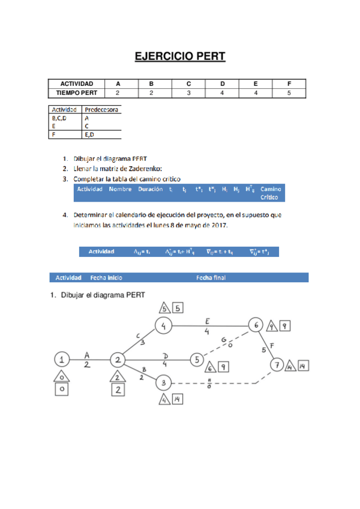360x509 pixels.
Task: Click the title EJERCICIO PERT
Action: click(x=179, y=57)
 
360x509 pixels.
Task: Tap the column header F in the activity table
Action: click(x=289, y=83)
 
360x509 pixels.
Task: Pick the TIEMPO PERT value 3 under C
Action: click(x=188, y=93)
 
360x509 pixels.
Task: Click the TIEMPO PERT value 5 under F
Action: click(x=289, y=93)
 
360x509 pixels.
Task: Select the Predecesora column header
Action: click(x=101, y=110)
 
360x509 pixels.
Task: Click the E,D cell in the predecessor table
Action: click(x=91, y=135)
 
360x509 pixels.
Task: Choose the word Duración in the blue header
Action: click(x=150, y=189)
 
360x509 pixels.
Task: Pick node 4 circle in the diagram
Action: click(x=164, y=326)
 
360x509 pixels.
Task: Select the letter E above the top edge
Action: click(x=208, y=321)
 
